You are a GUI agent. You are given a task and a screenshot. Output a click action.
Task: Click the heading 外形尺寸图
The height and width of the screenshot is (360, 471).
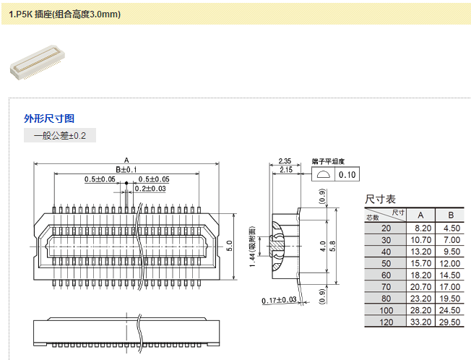pyautogui.click(x=50, y=119)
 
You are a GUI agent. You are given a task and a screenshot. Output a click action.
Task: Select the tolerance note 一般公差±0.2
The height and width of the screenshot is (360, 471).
pyautogui.click(x=60, y=135)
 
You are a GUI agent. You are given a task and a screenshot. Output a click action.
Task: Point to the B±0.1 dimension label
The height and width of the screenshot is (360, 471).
pyautogui.click(x=126, y=169)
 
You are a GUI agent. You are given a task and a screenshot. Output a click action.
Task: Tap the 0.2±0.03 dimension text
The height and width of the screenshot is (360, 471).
pyautogui.click(x=150, y=189)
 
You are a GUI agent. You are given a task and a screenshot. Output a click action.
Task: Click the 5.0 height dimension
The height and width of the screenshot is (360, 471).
pyautogui.click(x=230, y=246)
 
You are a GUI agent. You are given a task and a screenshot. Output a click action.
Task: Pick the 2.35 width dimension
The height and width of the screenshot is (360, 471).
pyautogui.click(x=285, y=161)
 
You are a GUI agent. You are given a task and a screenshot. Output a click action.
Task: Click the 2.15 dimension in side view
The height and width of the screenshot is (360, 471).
pyautogui.click(x=285, y=170)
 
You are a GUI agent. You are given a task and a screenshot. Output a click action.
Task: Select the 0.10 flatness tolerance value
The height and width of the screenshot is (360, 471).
pyautogui.click(x=347, y=175)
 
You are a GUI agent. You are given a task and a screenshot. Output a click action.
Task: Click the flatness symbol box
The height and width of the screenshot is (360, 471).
pyautogui.click(x=322, y=175)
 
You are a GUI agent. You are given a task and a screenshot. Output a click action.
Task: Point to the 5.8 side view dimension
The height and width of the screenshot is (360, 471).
pyautogui.click(x=333, y=246)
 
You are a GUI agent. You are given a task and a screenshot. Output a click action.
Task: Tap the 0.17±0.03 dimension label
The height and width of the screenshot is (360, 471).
pyautogui.click(x=278, y=299)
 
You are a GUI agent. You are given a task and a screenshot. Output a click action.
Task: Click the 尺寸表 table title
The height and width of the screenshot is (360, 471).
pyautogui.click(x=380, y=199)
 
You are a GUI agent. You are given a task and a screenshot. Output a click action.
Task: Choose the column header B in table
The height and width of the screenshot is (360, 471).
pyautogui.click(x=451, y=215)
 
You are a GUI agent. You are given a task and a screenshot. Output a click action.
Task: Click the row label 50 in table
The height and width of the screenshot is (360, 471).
pyautogui.click(x=386, y=263)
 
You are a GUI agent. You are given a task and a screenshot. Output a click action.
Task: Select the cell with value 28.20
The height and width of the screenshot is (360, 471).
pyautogui.click(x=421, y=310)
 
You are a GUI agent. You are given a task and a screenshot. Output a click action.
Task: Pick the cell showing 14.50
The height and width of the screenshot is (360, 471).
pyautogui.click(x=451, y=275)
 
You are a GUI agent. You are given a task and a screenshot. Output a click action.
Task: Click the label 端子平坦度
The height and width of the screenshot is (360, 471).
pyautogui.click(x=328, y=161)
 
